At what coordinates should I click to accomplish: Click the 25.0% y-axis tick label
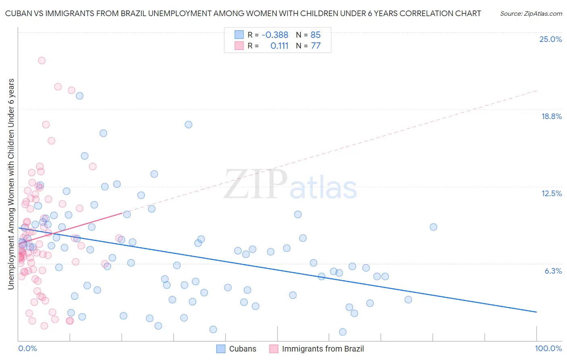click(x=550, y=39)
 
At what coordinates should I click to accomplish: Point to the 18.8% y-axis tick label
click(x=551, y=116)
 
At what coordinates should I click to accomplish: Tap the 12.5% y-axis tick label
click(x=551, y=193)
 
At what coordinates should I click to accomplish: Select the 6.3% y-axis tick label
click(x=553, y=271)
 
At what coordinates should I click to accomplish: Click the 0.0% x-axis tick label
click(x=27, y=348)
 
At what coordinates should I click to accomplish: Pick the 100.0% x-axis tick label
click(x=548, y=348)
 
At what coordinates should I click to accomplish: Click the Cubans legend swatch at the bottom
click(x=221, y=349)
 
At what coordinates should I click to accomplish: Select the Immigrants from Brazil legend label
click(x=323, y=349)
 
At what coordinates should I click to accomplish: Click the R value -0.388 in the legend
click(x=275, y=35)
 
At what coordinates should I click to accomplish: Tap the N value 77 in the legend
click(x=316, y=46)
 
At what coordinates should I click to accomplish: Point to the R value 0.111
click(x=279, y=46)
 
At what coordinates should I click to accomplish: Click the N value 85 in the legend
click(x=316, y=35)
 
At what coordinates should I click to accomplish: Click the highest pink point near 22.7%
click(x=42, y=61)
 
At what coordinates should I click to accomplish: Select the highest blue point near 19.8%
click(x=79, y=96)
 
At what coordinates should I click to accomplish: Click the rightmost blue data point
click(x=434, y=227)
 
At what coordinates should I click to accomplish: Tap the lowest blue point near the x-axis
click(x=343, y=332)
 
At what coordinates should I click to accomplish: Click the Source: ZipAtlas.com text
click(x=531, y=13)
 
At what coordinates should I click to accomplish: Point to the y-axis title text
click(x=11, y=184)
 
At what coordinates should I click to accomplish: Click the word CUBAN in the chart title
click(x=17, y=13)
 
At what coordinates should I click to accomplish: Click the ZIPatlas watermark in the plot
click(x=290, y=185)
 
